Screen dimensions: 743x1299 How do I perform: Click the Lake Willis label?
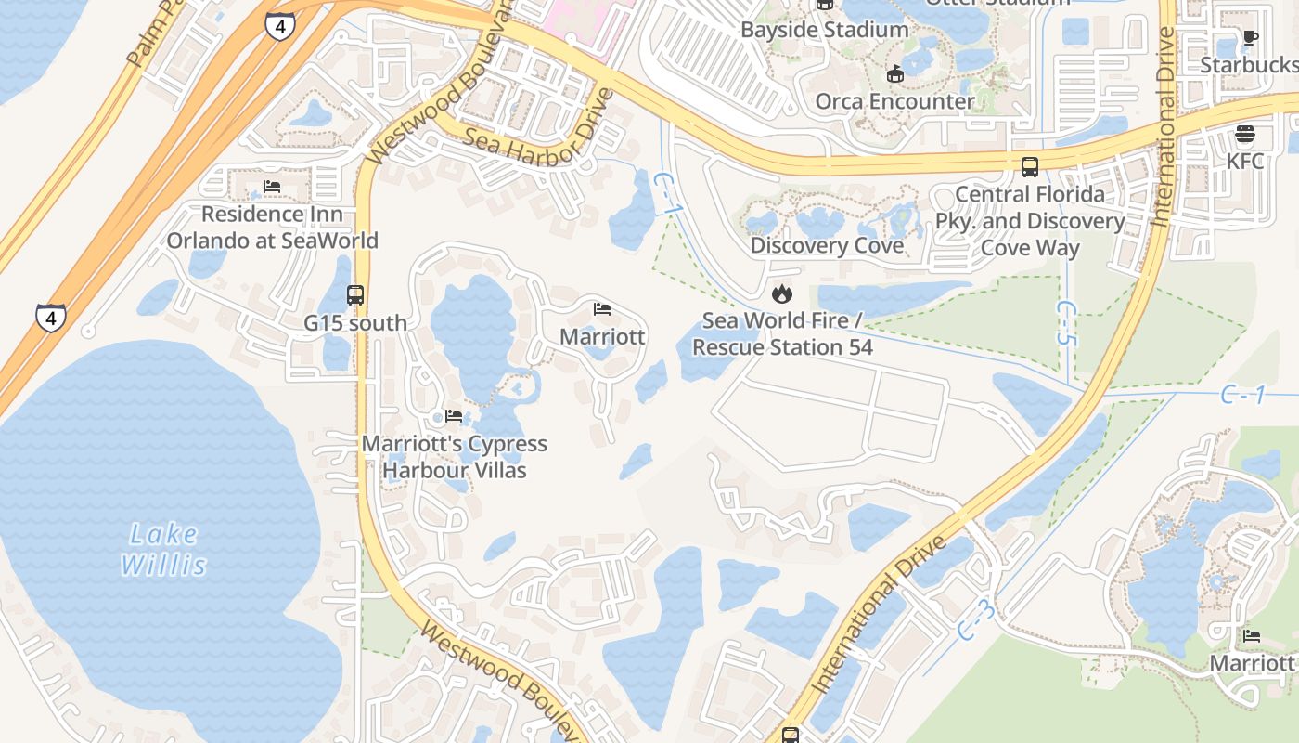pos(162,548)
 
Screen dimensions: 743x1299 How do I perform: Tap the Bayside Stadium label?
pos(824,30)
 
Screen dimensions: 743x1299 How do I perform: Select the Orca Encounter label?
pos(894,101)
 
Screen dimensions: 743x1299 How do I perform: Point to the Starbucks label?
pos(1248,65)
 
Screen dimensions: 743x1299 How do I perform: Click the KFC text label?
pos(1244,161)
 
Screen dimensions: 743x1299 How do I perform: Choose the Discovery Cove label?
pos(827,245)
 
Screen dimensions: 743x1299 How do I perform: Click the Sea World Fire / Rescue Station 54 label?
pos(782,333)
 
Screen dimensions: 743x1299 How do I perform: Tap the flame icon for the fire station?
pos(782,294)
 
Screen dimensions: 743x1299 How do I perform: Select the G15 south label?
pos(355,323)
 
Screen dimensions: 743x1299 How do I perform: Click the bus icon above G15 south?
pos(355,295)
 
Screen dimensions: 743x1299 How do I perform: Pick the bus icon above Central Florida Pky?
pos(1030,167)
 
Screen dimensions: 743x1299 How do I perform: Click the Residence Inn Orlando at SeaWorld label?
pos(272,228)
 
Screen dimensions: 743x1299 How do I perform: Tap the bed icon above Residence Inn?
pos(272,187)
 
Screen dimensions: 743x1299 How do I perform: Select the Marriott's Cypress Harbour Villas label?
pos(454,457)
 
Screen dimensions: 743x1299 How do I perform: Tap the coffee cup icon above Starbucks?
pos(1250,38)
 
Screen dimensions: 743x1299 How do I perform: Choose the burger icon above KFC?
pos(1245,135)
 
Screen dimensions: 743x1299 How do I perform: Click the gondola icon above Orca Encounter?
pos(895,73)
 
